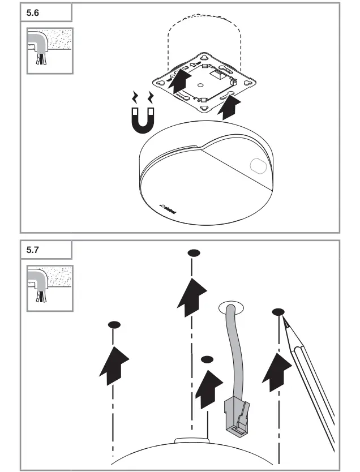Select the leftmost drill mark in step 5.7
pos(114,325)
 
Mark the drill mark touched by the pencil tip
pos(278,312)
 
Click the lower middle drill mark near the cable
pos(207,359)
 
